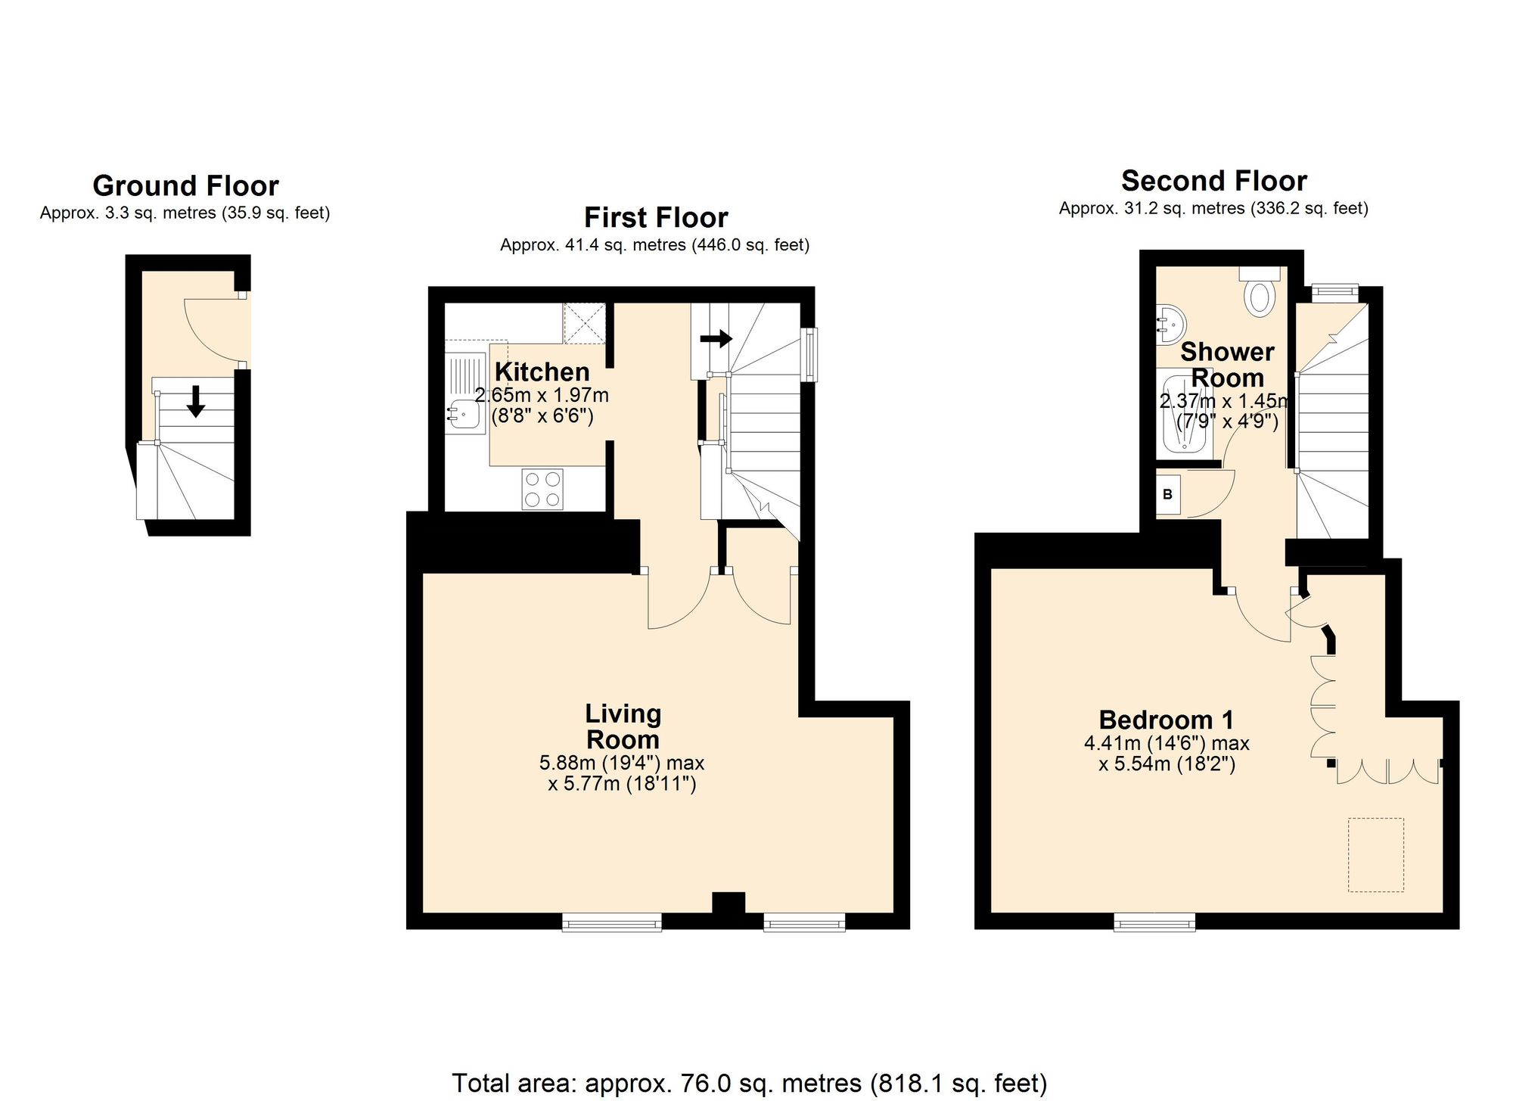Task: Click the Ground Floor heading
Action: point(185,186)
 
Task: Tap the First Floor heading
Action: point(656,218)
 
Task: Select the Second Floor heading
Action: point(1213,182)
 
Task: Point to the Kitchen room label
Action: point(542,372)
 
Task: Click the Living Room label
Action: point(623,726)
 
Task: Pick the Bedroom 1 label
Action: point(1167,720)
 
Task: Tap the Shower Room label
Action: point(1227,365)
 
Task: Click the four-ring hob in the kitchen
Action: point(542,489)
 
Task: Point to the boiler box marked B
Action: point(1168,494)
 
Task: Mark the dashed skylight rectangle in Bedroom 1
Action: point(1376,854)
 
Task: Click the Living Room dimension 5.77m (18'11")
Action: point(622,784)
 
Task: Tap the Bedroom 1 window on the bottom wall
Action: point(1154,922)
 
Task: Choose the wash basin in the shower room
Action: point(1169,324)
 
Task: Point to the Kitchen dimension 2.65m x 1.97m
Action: point(542,395)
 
